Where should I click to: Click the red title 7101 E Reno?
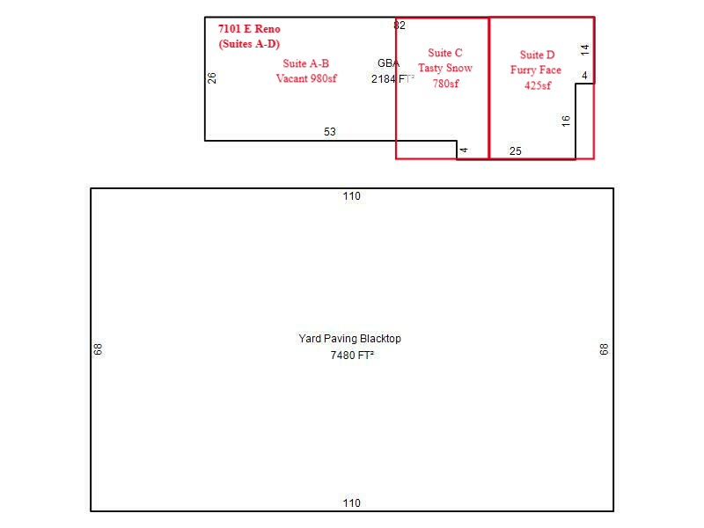pyautogui.click(x=249, y=29)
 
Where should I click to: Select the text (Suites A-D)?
pyautogui.click(x=249, y=44)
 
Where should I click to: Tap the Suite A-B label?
pyautogui.click(x=305, y=63)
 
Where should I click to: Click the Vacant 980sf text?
pyautogui.click(x=306, y=78)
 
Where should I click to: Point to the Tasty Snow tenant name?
pyautogui.click(x=445, y=69)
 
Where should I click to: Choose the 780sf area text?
pyautogui.click(x=446, y=84)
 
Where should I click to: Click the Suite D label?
pyautogui.click(x=537, y=55)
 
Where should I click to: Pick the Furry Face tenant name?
pyautogui.click(x=536, y=70)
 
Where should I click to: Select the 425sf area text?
pyautogui.click(x=538, y=85)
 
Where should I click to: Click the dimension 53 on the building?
pyautogui.click(x=329, y=131)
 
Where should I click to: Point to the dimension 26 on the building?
pyautogui.click(x=212, y=78)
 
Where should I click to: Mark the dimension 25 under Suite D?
pyautogui.click(x=516, y=150)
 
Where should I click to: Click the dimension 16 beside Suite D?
pyautogui.click(x=566, y=121)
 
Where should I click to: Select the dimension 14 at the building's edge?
pyautogui.click(x=584, y=49)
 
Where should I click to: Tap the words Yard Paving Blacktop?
pyautogui.click(x=349, y=339)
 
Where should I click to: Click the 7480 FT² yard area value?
pyautogui.click(x=352, y=356)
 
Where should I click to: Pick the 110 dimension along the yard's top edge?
pyautogui.click(x=351, y=195)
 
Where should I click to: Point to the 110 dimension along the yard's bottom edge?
pyautogui.click(x=351, y=502)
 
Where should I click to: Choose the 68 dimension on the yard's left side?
pyautogui.click(x=98, y=348)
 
